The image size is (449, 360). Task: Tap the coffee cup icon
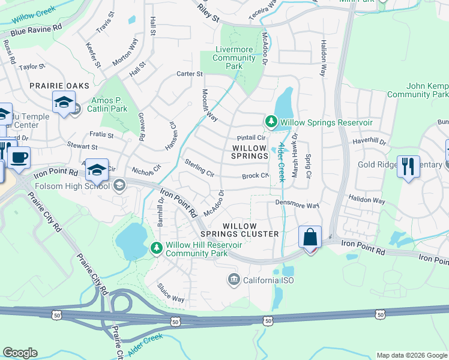click(x=19, y=158)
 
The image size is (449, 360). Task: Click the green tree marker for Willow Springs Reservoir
click(x=271, y=122)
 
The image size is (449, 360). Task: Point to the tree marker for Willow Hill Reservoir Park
click(x=156, y=248)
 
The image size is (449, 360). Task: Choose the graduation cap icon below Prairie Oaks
click(x=64, y=103)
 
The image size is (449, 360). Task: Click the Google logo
click(x=20, y=353)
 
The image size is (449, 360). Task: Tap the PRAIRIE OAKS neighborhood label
click(x=59, y=86)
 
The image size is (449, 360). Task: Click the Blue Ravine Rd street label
click(x=36, y=29)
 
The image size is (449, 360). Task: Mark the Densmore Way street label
click(x=297, y=205)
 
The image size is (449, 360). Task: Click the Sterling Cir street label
click(x=199, y=168)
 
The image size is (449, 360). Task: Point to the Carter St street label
click(x=190, y=74)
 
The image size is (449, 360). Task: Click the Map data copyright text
click(x=412, y=355)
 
